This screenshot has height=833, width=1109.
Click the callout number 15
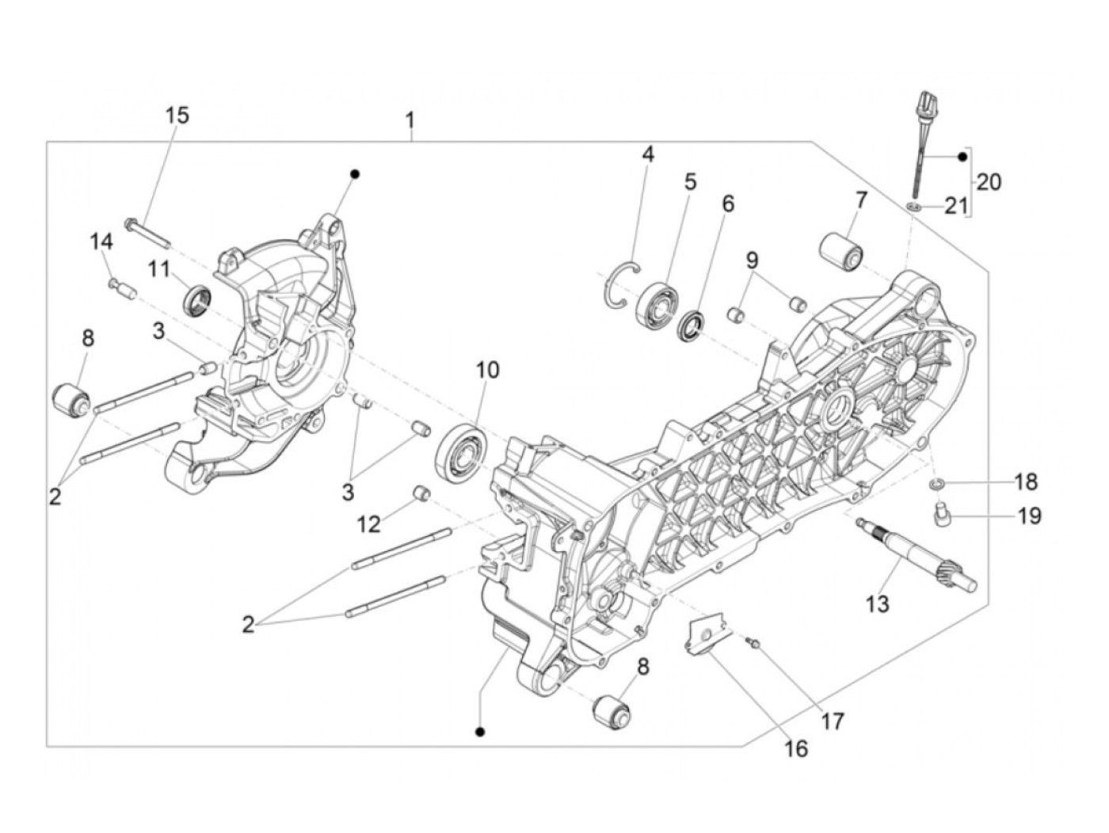[177, 115]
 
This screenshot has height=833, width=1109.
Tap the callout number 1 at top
[410, 121]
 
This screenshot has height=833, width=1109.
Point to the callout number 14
[101, 242]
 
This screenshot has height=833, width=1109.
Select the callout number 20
[989, 182]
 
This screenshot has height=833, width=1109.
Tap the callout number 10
[488, 369]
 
